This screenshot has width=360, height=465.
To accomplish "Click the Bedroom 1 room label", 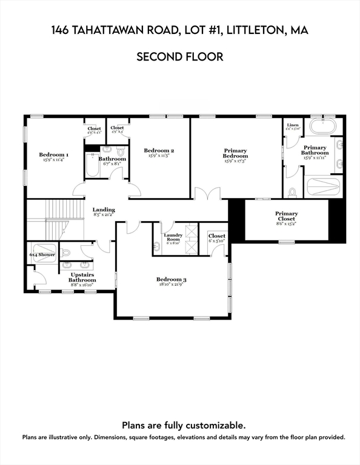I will point(53,155).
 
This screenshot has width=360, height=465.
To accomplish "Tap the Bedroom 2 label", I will point(159,150).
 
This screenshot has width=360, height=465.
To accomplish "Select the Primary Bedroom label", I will point(236,153).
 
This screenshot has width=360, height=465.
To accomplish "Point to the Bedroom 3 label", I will point(172,279).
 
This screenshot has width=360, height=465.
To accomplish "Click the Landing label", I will point(104,210).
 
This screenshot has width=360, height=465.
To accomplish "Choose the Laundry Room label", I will point(173,237).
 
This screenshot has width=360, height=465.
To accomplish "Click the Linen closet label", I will point(293,125).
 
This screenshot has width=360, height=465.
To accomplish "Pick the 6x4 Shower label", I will point(42,255).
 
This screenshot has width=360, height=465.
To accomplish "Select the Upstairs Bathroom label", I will point(82,277).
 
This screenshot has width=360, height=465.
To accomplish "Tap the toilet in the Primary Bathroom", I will point(293,192).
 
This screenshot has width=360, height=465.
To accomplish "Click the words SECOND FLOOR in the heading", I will point(179,57).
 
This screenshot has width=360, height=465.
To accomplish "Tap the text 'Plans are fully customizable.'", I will point(184,426).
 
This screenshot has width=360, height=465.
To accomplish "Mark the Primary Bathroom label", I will point(315,150).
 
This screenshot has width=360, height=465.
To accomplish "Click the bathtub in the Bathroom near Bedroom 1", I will point(92,165).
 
